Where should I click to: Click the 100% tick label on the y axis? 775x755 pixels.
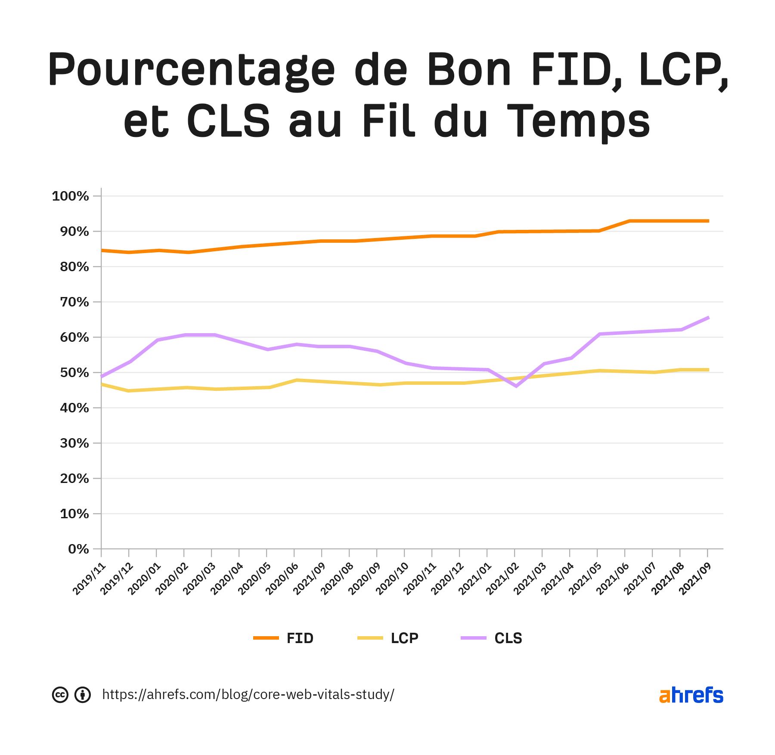tap(70, 196)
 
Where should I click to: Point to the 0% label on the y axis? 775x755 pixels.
tap(78, 549)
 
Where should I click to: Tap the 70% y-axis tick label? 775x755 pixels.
tap(74, 302)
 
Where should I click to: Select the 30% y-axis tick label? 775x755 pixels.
tap(74, 443)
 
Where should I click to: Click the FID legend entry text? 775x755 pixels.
tap(300, 638)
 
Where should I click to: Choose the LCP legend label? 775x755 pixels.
tap(404, 638)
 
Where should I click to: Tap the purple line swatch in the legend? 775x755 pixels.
tap(473, 638)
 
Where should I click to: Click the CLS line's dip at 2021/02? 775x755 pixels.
tap(516, 386)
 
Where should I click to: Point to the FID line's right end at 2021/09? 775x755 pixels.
tap(707, 221)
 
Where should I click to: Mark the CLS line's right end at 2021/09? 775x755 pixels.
tap(707, 318)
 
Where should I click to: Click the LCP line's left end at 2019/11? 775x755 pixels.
tap(102, 384)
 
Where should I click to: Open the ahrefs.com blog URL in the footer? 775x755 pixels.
tap(248, 694)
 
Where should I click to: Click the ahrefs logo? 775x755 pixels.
tap(691, 695)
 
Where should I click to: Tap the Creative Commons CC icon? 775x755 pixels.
tap(60, 695)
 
